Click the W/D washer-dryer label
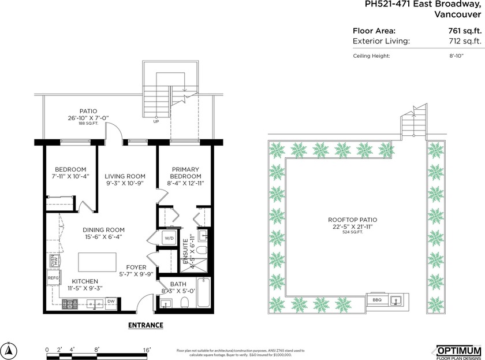click(x=170, y=237)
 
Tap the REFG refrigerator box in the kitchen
click(x=53, y=278)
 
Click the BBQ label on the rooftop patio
click(x=377, y=300)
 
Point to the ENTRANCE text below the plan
click(x=145, y=325)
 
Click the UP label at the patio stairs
click(x=156, y=122)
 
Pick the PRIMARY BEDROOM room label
click(x=186, y=173)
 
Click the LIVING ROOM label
click(x=125, y=176)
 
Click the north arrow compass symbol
click(x=10, y=349)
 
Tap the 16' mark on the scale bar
click(x=147, y=349)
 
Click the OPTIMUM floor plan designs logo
click(x=457, y=351)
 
